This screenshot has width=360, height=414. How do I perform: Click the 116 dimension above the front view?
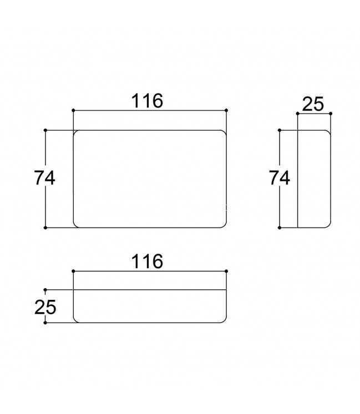pos(147,101)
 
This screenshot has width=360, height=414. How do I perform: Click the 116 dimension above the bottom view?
pos(147,262)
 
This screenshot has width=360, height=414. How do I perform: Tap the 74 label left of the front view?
pos(45,178)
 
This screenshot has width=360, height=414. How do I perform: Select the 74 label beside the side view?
pos(280,178)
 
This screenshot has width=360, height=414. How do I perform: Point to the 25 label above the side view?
pos(313,104)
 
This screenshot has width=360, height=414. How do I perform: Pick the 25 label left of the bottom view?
pos(45,308)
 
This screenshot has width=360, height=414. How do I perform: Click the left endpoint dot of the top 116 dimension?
pos(73,110)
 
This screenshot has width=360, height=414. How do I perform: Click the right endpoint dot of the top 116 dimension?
pos(226,110)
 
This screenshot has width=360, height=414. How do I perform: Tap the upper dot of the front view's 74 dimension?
pos(45,130)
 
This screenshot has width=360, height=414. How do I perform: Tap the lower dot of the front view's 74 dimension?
pos(45,228)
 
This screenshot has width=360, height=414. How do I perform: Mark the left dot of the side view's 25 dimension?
pos(298,114)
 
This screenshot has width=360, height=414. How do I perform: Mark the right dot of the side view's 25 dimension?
pos(331,114)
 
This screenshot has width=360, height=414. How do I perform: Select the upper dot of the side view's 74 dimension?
pos(280,130)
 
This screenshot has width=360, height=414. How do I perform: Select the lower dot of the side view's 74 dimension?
pos(280,228)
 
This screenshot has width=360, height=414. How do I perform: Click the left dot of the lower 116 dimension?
pos(73,271)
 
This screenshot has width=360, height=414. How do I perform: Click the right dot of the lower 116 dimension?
pos(226,271)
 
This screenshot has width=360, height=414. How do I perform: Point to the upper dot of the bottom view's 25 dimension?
pos(45,290)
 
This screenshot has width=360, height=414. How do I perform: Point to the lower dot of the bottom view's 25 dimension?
pos(45,323)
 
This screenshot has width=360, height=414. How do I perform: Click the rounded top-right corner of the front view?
pos(224,132)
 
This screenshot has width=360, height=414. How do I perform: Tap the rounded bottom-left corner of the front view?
pos(75,226)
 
